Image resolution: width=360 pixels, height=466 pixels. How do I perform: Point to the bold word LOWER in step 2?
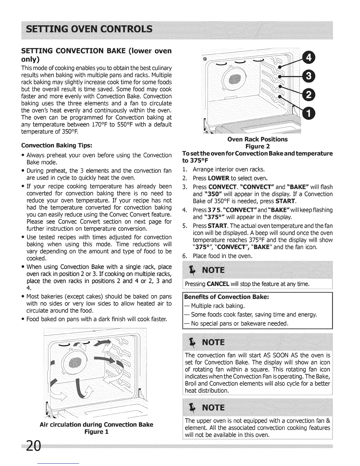point(219,178)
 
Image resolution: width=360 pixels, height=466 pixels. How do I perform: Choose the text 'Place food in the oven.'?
point(223,256)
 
